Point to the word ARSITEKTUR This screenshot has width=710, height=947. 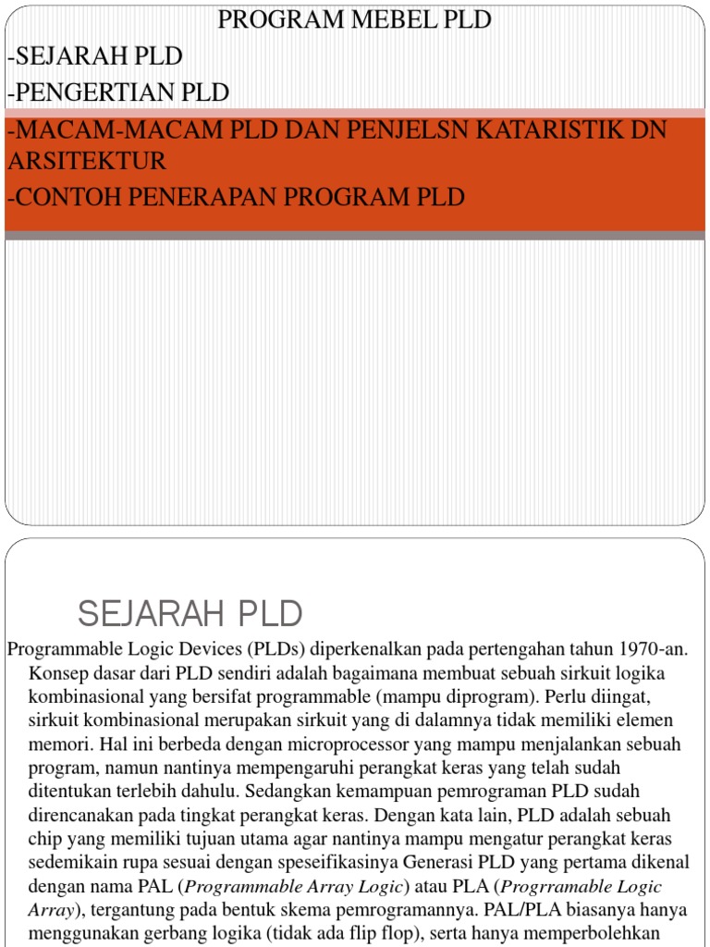pyautogui.click(x=87, y=161)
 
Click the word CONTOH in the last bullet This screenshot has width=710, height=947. pyautogui.click(x=62, y=197)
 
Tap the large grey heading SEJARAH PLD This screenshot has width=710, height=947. pyautogui.click(x=190, y=612)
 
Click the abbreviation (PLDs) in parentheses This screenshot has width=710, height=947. pyautogui.click(x=275, y=649)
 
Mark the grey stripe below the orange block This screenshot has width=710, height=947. pyautogui.click(x=355, y=235)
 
